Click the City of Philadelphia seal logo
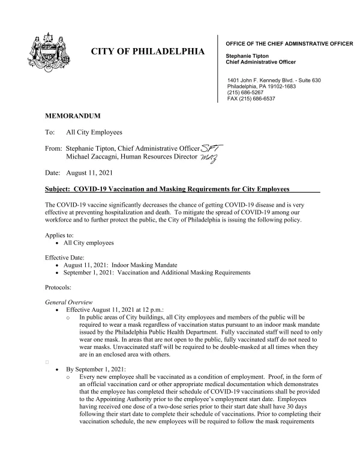[x=47, y=53]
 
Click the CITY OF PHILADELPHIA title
[x=147, y=52]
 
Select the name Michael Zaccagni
[x=97, y=157]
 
